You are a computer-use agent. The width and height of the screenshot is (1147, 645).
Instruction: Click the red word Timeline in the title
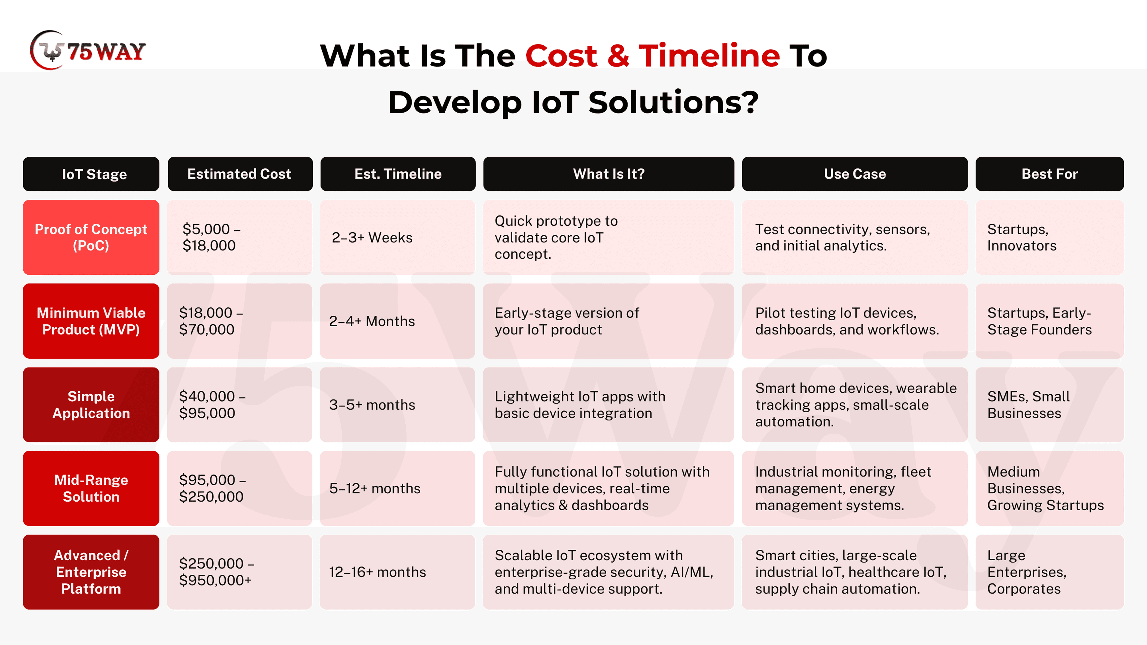pyautogui.click(x=709, y=56)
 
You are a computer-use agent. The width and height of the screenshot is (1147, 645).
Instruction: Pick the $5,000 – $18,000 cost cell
pyautogui.click(x=240, y=237)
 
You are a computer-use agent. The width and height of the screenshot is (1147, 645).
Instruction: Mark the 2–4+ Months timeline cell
pyautogui.click(x=398, y=321)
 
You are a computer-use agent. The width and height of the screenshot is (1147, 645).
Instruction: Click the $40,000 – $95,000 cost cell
pyautogui.click(x=240, y=405)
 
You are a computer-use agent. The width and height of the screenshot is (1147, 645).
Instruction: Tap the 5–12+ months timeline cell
pyautogui.click(x=398, y=488)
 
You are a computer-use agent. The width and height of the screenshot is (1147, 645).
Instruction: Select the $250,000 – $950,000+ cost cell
pyautogui.click(x=240, y=572)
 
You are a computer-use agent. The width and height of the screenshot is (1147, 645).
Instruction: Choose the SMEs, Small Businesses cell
pyautogui.click(x=1050, y=405)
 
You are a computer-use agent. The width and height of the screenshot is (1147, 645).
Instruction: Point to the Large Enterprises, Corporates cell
pyautogui.click(x=1050, y=572)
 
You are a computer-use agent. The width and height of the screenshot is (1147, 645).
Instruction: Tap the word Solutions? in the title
pyautogui.click(x=674, y=102)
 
